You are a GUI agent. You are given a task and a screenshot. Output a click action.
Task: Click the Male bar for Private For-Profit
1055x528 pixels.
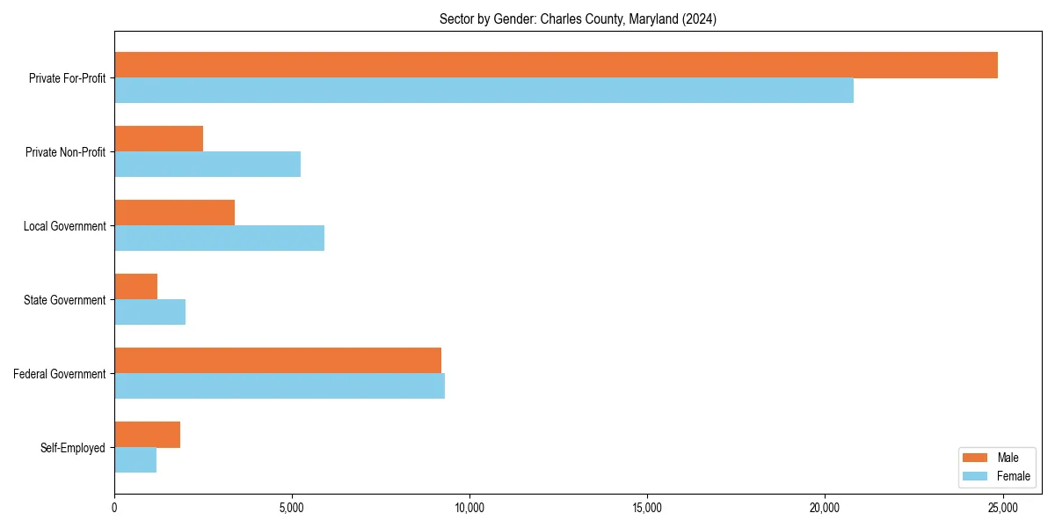(x=556, y=65)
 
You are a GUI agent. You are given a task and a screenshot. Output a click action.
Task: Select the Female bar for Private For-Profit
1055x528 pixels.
(x=484, y=91)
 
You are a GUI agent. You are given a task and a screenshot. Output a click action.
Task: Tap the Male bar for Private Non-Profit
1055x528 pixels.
(x=158, y=139)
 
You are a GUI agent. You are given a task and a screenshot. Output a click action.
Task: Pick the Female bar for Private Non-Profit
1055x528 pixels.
(x=207, y=165)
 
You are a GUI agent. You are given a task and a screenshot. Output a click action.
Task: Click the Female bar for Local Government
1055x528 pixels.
(x=219, y=238)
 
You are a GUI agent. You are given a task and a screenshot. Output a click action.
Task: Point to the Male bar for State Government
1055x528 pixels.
(x=135, y=287)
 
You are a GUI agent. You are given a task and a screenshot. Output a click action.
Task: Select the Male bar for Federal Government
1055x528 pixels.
(x=278, y=361)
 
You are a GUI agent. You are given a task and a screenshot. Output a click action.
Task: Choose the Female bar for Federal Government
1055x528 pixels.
(x=280, y=386)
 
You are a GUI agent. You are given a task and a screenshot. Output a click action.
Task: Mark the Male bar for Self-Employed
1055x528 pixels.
(x=147, y=435)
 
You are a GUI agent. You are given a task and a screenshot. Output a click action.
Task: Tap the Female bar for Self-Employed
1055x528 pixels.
(x=135, y=460)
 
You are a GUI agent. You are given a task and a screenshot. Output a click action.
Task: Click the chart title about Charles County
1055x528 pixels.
(x=578, y=19)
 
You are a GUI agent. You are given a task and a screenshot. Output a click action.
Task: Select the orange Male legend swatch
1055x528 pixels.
(x=976, y=458)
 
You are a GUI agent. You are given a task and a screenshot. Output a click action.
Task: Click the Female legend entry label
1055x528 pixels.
(x=1014, y=476)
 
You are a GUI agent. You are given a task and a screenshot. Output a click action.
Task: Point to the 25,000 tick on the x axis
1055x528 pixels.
(x=1002, y=508)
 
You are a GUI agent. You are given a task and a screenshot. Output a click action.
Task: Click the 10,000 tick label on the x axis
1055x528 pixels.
(x=469, y=508)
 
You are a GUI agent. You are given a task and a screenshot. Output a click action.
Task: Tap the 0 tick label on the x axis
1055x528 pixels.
(x=114, y=508)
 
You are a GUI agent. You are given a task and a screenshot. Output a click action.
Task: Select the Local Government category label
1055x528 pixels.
(x=64, y=226)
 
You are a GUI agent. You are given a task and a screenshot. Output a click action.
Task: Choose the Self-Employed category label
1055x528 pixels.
(x=73, y=448)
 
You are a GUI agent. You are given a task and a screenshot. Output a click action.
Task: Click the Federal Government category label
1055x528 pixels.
(x=60, y=374)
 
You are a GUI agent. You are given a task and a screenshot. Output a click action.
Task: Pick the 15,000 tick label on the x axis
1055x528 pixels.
(x=647, y=508)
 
